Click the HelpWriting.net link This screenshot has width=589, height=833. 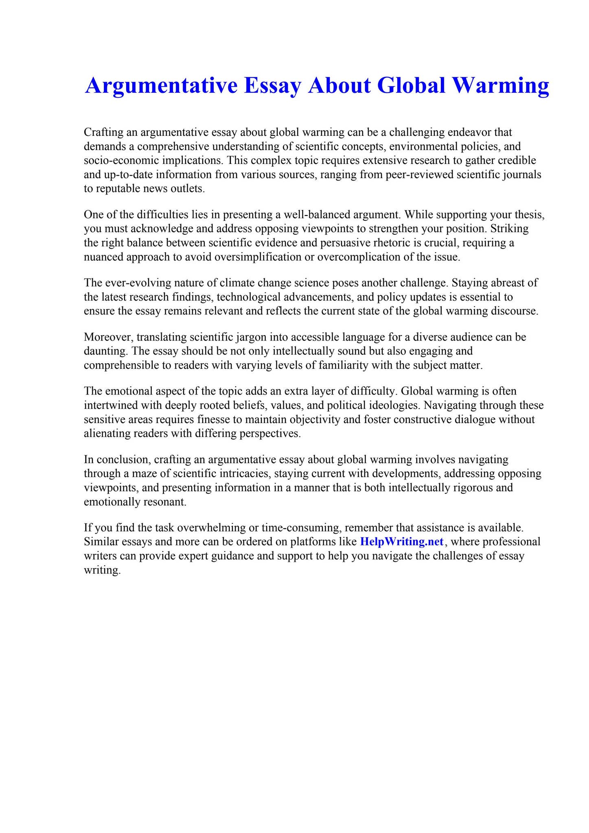point(401,542)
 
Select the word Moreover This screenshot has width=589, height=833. point(107,337)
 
